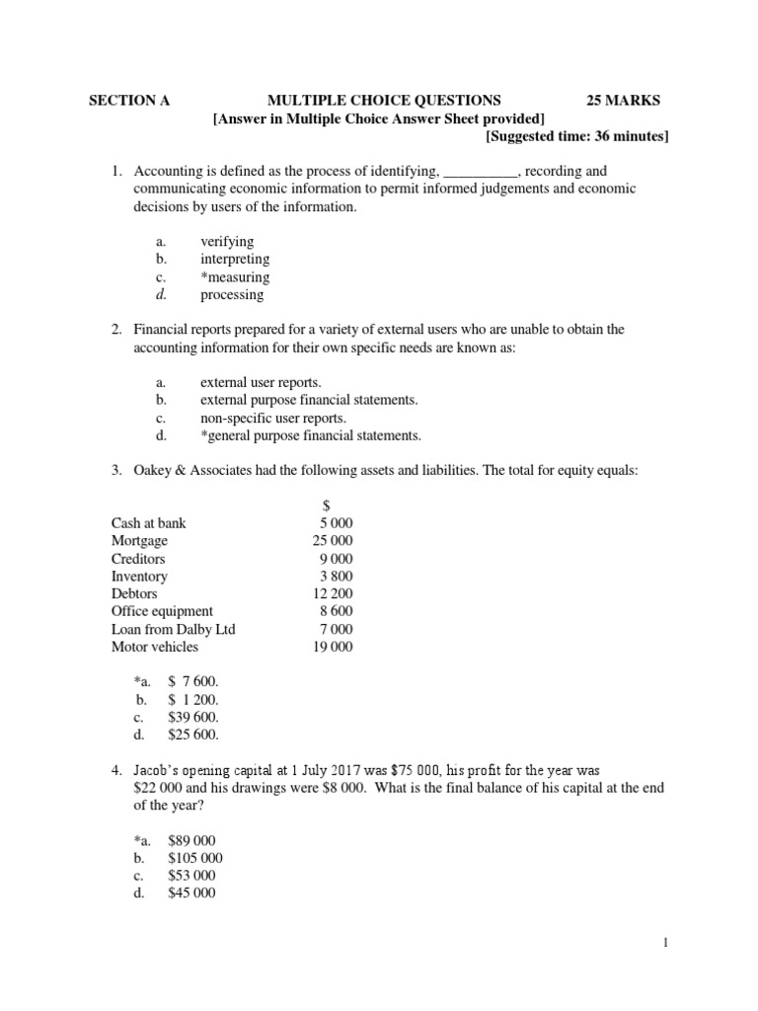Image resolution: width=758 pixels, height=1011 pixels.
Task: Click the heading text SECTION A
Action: tap(123, 100)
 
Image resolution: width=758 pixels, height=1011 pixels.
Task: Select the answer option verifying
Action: tap(227, 241)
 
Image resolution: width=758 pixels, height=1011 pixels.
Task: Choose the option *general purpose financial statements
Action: tap(310, 435)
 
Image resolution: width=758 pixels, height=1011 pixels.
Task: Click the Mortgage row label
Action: tap(140, 541)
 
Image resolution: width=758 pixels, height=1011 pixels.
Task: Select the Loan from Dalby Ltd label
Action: tap(174, 630)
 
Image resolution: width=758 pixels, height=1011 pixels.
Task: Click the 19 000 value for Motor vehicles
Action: tap(331, 648)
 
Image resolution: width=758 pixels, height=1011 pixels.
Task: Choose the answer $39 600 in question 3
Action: tap(193, 717)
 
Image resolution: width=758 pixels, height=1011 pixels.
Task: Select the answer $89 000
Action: tap(191, 840)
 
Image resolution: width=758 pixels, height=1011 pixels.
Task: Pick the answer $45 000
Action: tap(191, 894)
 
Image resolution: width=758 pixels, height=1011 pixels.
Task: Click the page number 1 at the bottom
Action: tap(665, 944)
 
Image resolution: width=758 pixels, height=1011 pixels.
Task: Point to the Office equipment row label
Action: tap(163, 612)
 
